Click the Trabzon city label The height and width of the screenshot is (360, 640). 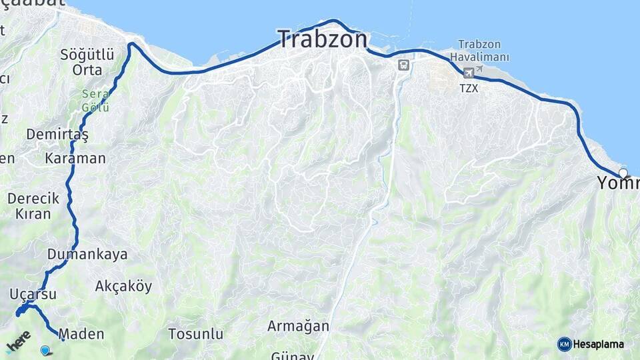pos(322,39)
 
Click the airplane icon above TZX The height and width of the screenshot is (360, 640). pos(469,72)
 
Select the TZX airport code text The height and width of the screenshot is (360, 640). pos(469,87)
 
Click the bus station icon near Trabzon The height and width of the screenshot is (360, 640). pos(403,65)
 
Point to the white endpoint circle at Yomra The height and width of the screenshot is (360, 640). pos(623,173)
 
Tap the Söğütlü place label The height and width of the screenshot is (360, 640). pos(87,55)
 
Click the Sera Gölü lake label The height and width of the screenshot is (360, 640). pos(95,101)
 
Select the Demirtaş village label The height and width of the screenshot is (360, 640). pos(57,135)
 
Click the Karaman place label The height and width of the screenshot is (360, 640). pos(75,159)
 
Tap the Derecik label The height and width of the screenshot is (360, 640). pos(33,198)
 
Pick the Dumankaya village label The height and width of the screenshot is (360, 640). pos(87,254)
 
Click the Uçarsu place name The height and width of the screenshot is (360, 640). pos(33,294)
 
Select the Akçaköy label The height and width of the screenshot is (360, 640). pos(123,286)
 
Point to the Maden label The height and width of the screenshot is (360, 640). pos(81,333)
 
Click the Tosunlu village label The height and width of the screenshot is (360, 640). pos(195,333)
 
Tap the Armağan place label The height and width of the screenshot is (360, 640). pos(298,326)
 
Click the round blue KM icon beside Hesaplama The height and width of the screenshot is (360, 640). pos(564,344)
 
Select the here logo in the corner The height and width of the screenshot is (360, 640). pos(18,341)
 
